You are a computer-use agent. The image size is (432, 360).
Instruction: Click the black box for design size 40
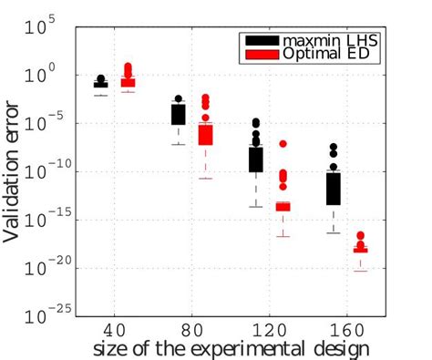pos(101,85)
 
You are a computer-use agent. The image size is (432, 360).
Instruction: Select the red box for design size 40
pos(128,82)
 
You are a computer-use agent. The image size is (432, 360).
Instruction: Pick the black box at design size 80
pos(179,114)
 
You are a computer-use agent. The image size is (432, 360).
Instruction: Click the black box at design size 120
pos(256,159)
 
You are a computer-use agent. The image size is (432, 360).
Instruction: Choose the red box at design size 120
pos(283,207)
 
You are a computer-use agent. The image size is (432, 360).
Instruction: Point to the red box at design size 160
pos(361,249)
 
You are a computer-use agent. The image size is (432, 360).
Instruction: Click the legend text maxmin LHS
pos(324,41)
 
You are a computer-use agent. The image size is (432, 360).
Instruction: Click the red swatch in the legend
pos(259,56)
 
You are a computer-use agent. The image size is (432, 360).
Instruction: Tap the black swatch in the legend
pos(259,41)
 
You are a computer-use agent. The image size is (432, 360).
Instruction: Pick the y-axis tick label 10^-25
pos(44,315)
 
